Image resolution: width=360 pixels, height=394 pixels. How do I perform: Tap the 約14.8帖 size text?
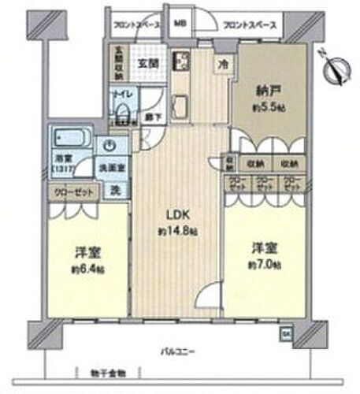click(x=177, y=232)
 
